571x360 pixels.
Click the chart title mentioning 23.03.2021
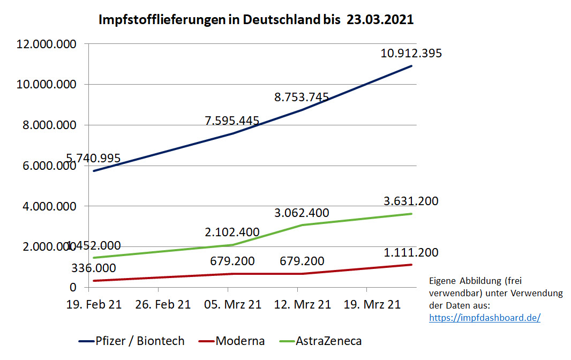tap(256, 20)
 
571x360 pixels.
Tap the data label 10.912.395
tap(411, 54)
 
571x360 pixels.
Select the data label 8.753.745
tap(302, 97)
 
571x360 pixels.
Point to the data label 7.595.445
tap(232, 121)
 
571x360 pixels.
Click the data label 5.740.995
tap(93, 158)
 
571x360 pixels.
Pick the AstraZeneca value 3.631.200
tap(411, 201)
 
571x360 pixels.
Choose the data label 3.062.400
tap(302, 213)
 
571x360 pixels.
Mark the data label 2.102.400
tap(232, 232)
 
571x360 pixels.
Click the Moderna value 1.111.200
tap(411, 253)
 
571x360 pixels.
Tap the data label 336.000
tap(93, 268)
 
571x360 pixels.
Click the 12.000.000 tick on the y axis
tap(46, 44)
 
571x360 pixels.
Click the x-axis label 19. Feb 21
tap(94, 305)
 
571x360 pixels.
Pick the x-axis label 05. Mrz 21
tap(232, 305)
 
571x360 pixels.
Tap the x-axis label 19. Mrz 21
tap(372, 305)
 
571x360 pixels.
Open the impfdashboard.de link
tap(485, 318)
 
